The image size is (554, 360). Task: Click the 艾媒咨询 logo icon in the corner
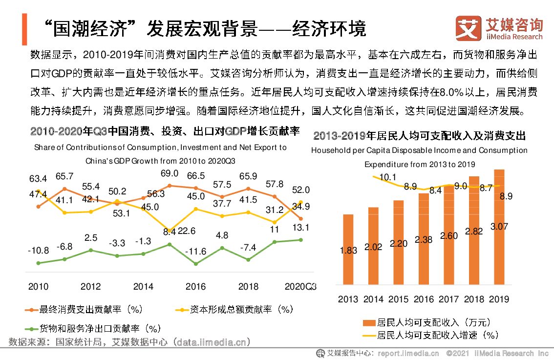tap(468, 28)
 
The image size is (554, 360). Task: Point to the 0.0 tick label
tap(317, 285)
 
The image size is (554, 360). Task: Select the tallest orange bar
tap(499, 227)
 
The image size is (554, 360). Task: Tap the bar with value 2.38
tap(424, 239)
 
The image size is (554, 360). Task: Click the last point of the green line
tap(300, 240)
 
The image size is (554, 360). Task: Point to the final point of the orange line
tap(300, 219)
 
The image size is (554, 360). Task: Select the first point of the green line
tap(38, 263)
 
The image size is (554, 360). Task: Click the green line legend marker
tap(32, 329)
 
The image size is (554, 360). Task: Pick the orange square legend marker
tap(369, 323)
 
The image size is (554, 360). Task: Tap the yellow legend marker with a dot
tap(182, 310)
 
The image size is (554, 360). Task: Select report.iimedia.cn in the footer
tap(408, 353)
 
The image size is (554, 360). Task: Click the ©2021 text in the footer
tap(458, 353)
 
